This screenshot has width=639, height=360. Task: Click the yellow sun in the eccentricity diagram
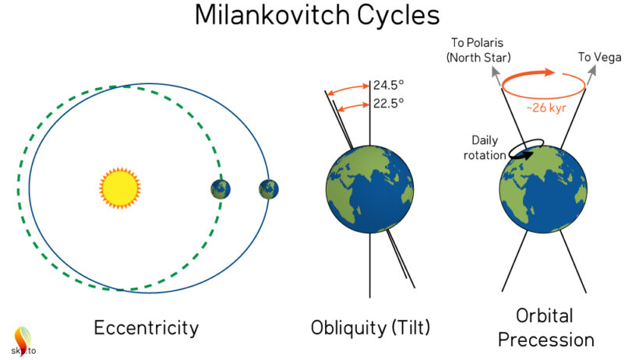coord(120,188)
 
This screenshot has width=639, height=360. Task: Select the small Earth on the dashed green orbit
coord(221,189)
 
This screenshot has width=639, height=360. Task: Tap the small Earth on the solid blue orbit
coord(269,189)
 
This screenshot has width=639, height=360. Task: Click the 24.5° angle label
coord(388,85)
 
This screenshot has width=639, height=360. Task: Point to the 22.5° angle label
coord(388,104)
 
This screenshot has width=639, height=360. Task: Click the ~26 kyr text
coord(546,108)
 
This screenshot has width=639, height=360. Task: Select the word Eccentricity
coord(147,328)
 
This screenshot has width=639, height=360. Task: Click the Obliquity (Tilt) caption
coord(370,327)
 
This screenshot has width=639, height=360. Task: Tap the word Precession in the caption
coord(546,340)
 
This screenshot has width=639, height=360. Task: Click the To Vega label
coord(599,57)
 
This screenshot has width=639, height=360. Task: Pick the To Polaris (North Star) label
coord(478,50)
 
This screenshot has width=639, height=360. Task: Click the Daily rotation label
coord(485,147)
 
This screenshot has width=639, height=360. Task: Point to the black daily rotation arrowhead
coord(528,155)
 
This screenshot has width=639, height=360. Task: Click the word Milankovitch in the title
coord(272,15)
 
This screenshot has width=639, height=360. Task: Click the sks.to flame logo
coord(23,341)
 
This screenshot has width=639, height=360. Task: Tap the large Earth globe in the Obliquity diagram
coord(370,189)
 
